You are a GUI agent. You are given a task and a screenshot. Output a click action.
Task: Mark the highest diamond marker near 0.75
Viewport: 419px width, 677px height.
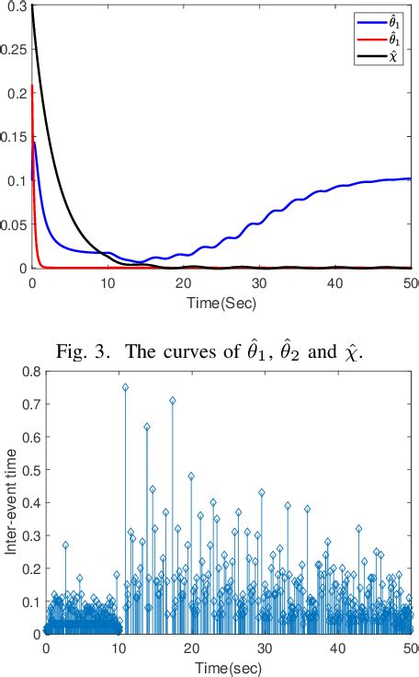click(125, 387)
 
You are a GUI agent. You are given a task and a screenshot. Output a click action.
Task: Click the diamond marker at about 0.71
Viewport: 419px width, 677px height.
click(172, 401)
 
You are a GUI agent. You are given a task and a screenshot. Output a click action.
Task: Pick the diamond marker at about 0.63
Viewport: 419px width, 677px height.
click(147, 427)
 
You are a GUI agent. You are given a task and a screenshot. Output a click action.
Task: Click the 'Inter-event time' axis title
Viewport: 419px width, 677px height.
click(10, 502)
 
